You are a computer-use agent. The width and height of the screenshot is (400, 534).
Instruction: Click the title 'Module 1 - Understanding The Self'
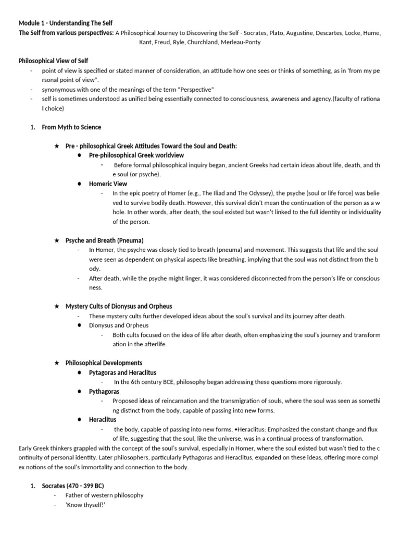[x=65, y=23]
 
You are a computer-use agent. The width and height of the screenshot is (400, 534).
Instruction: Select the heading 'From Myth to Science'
[x=71, y=127]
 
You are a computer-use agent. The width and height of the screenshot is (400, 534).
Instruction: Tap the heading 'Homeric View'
[x=108, y=184]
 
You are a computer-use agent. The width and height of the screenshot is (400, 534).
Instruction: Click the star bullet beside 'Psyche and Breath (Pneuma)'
[x=57, y=240]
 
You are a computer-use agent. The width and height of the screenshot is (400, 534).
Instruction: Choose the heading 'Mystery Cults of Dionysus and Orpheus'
[x=118, y=306]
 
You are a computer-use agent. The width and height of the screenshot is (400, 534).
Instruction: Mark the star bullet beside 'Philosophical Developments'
[x=57, y=362]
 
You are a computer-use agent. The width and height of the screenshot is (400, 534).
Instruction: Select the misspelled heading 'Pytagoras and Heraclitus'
[x=122, y=372]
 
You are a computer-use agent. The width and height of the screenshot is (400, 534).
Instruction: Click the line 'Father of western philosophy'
[x=104, y=495]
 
